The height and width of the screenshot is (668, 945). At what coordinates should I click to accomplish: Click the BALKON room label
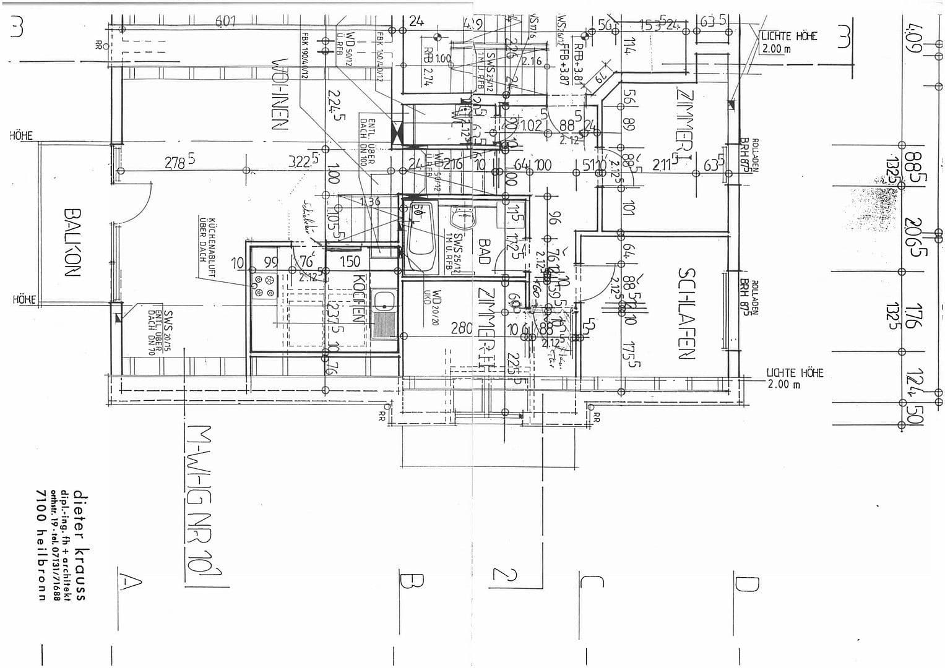(72, 242)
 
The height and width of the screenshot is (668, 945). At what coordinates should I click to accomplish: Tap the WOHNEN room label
(280, 94)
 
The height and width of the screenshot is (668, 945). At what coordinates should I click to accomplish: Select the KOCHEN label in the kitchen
(358, 298)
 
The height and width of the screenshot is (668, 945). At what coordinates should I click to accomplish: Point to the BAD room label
(484, 252)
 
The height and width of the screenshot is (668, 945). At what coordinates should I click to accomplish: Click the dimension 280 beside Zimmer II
(461, 328)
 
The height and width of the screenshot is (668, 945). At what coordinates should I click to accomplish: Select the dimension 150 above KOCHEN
(350, 262)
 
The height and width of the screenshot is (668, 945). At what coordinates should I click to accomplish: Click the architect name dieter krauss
(79, 544)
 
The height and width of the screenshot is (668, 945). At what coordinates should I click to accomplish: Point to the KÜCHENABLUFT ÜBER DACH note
(206, 239)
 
